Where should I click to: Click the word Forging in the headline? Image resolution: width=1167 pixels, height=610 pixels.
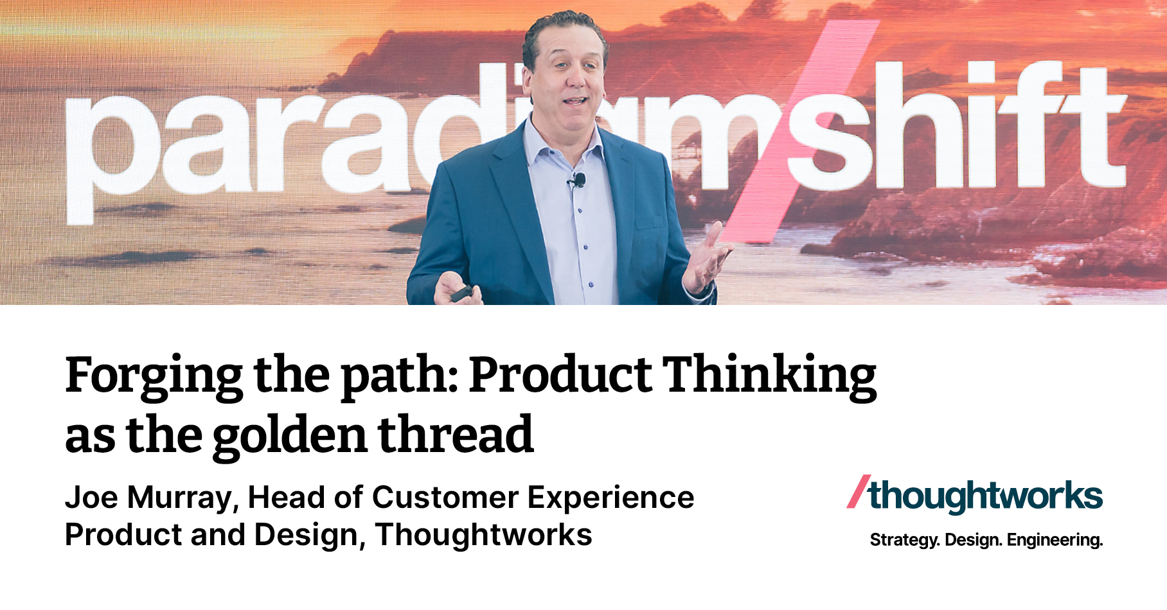pos(154,376)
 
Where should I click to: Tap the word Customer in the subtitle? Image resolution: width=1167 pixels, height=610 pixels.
pos(445,498)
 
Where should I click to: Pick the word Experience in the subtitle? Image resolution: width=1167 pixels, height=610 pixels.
pos(610,498)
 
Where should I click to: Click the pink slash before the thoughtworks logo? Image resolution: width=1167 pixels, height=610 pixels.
pos(859,492)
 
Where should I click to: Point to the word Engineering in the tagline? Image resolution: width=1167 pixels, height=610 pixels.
pos(1055,540)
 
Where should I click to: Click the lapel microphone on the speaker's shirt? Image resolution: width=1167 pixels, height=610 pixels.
pos(579,180)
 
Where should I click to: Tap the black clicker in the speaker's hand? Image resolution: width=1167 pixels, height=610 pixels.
pos(461,294)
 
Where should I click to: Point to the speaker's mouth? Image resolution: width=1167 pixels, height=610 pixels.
pos(574,101)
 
